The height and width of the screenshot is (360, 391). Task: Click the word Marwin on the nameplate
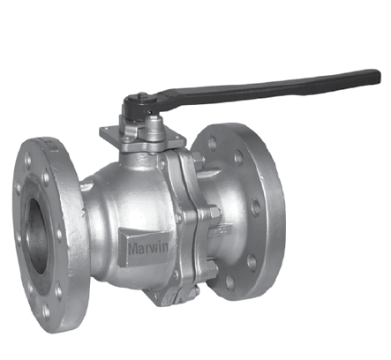[x=148, y=248]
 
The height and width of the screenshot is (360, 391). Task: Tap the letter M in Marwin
[x=133, y=249]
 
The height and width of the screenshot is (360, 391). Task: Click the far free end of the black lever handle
[x=377, y=77]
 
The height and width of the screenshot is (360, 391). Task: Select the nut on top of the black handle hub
[x=143, y=97]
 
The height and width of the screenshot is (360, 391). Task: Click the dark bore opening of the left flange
[x=37, y=236]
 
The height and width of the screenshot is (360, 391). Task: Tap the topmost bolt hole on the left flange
[x=28, y=161]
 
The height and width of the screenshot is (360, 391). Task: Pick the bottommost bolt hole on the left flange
[x=47, y=311]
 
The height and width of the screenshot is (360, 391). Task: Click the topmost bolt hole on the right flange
[x=212, y=143]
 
